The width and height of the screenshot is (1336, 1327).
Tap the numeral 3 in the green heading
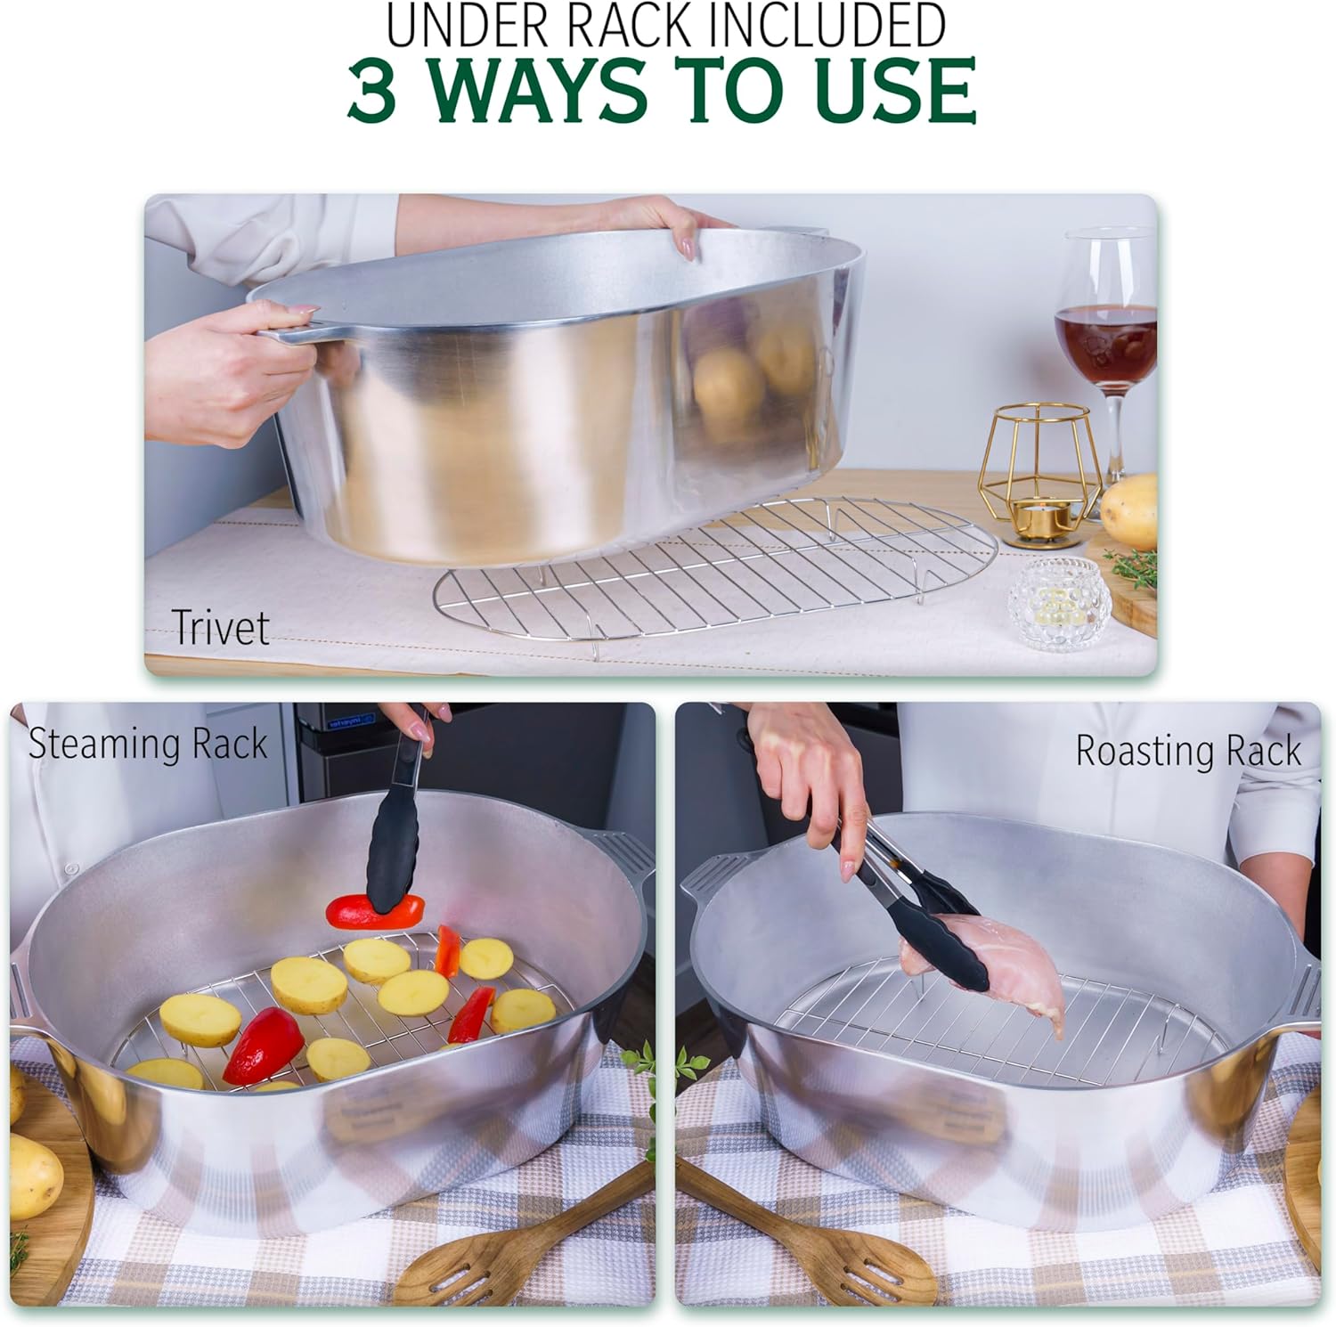(x=372, y=90)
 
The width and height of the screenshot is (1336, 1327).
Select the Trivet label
(x=219, y=627)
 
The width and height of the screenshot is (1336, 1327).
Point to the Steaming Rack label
(x=148, y=744)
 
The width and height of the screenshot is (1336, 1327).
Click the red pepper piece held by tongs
(x=375, y=908)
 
